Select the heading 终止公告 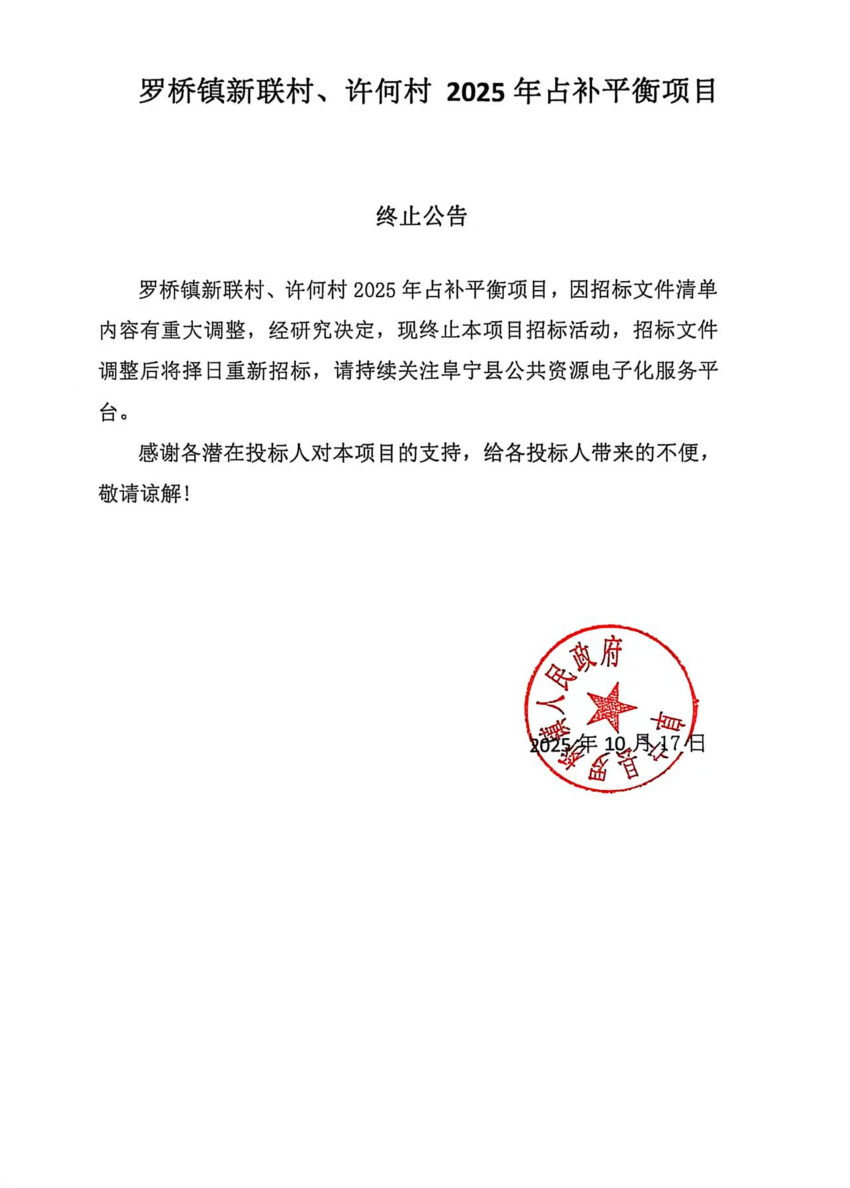[422, 216]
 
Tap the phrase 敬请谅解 [139, 495]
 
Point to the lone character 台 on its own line [109, 413]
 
